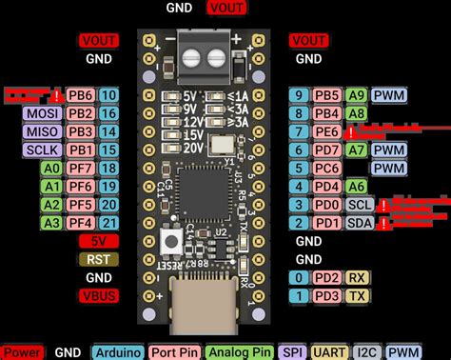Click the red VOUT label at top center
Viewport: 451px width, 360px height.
[225, 8]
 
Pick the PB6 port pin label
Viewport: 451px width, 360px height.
[80, 95]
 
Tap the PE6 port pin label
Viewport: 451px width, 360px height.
[327, 131]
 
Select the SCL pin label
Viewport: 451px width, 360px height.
[359, 205]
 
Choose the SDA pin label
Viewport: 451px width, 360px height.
[359, 223]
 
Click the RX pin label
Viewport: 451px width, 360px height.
[359, 277]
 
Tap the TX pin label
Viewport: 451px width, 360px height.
[359, 295]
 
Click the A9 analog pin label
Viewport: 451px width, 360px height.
[358, 95]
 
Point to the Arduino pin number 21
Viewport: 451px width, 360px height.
[108, 223]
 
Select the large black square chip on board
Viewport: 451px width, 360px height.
[203, 190]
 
